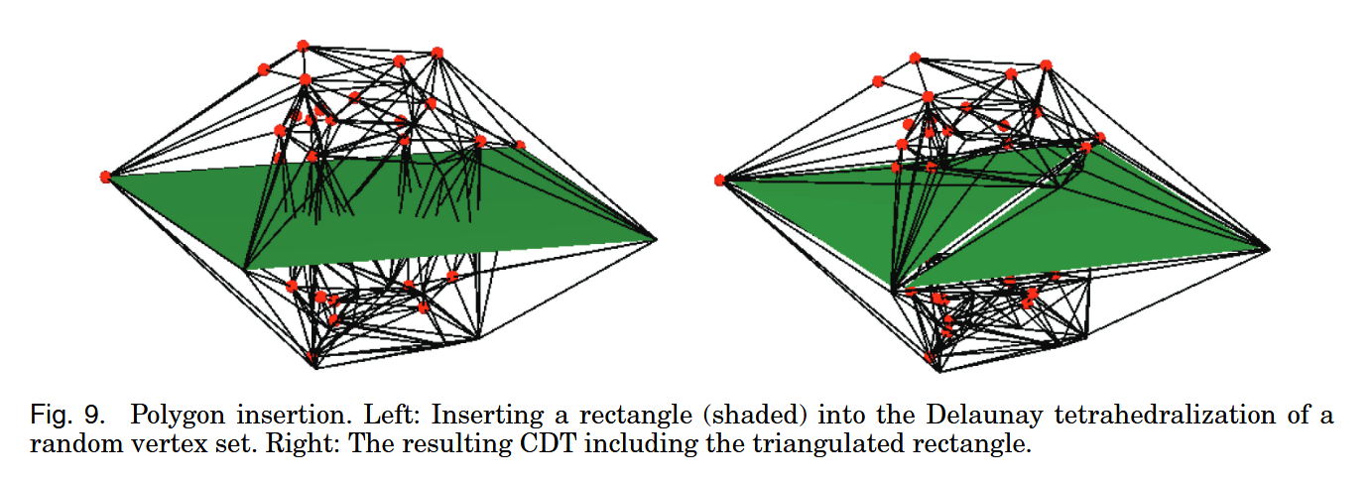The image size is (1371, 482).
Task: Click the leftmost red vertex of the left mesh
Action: pos(106,177)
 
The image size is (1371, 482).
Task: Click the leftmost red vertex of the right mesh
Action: pos(720,180)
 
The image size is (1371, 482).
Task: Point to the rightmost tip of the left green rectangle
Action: pos(655,238)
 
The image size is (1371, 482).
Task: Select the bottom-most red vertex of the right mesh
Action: pos(930,357)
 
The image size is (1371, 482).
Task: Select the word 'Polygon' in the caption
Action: pos(171,414)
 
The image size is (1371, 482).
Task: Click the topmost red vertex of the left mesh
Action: pos(303,46)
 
